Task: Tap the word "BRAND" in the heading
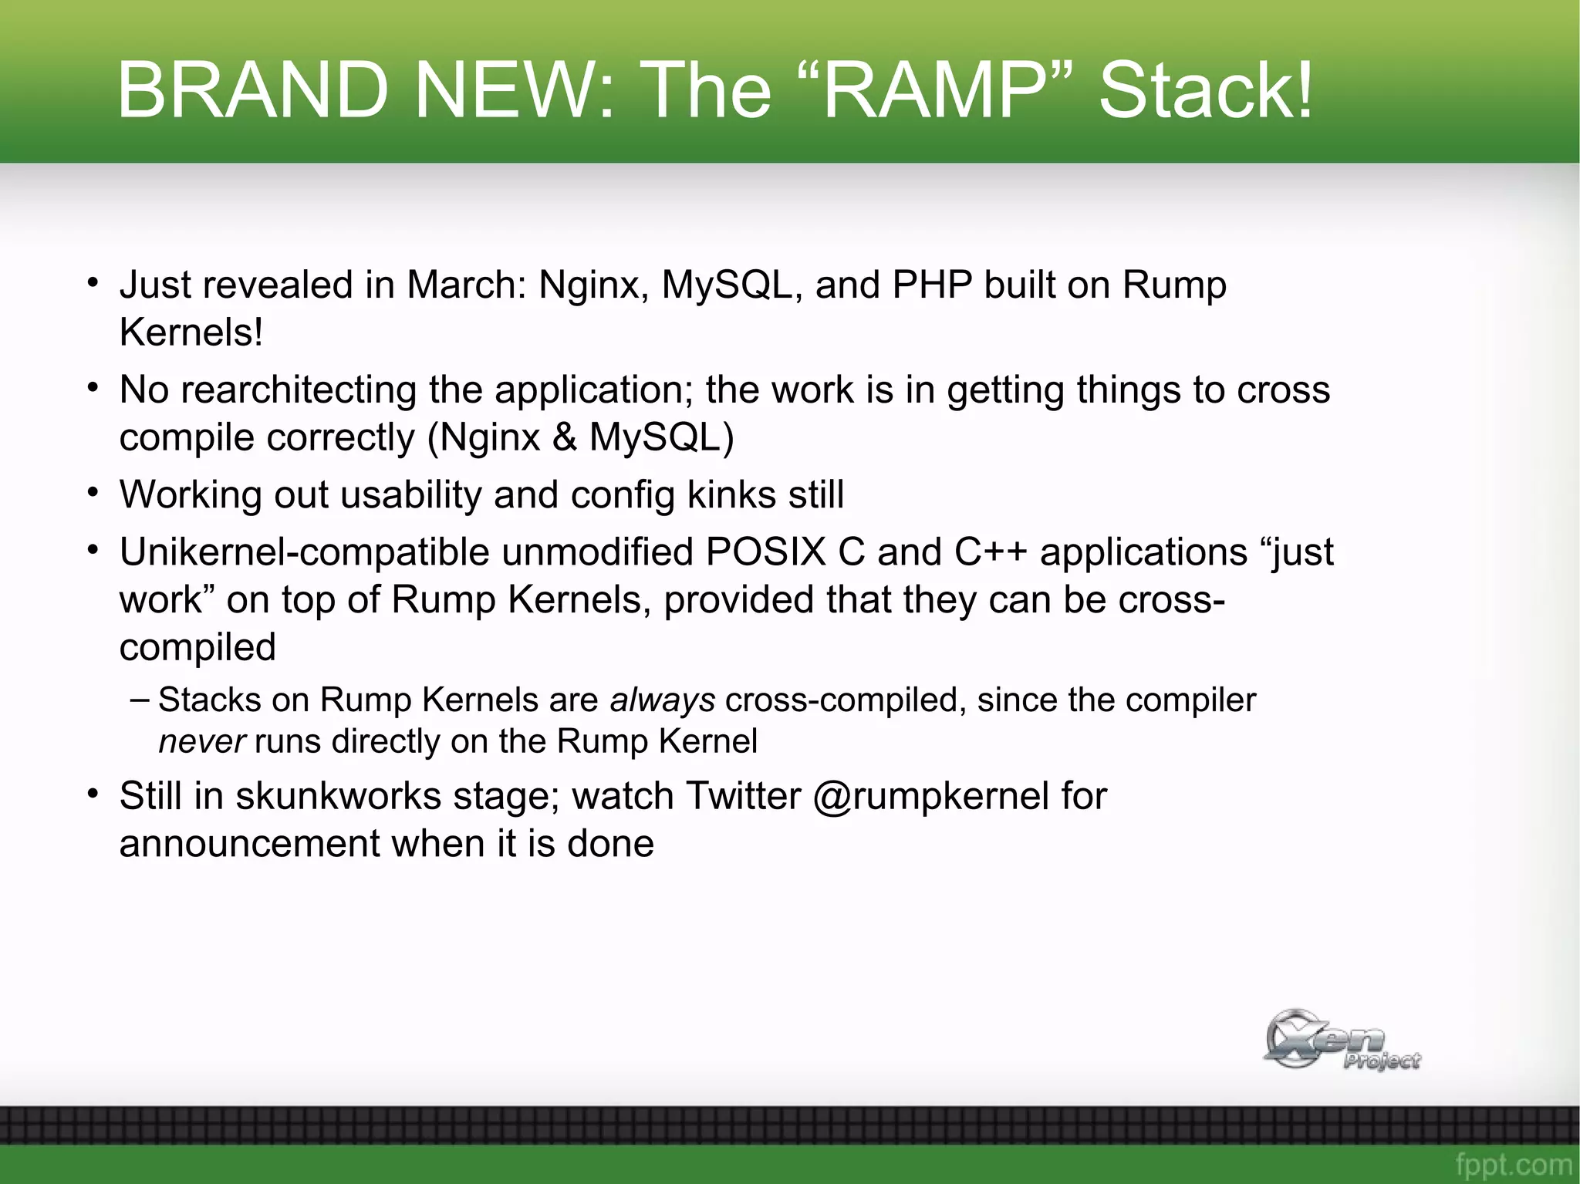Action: (252, 90)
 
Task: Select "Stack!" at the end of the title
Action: (1205, 90)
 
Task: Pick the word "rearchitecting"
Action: (299, 390)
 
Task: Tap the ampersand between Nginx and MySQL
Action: (565, 437)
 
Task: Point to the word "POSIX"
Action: (765, 552)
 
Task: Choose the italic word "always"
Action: (662, 700)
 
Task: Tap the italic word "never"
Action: (202, 741)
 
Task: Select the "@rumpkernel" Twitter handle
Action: (930, 796)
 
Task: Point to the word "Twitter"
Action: (743, 796)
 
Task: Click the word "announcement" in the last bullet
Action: (249, 843)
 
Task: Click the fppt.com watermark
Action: (1513, 1164)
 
